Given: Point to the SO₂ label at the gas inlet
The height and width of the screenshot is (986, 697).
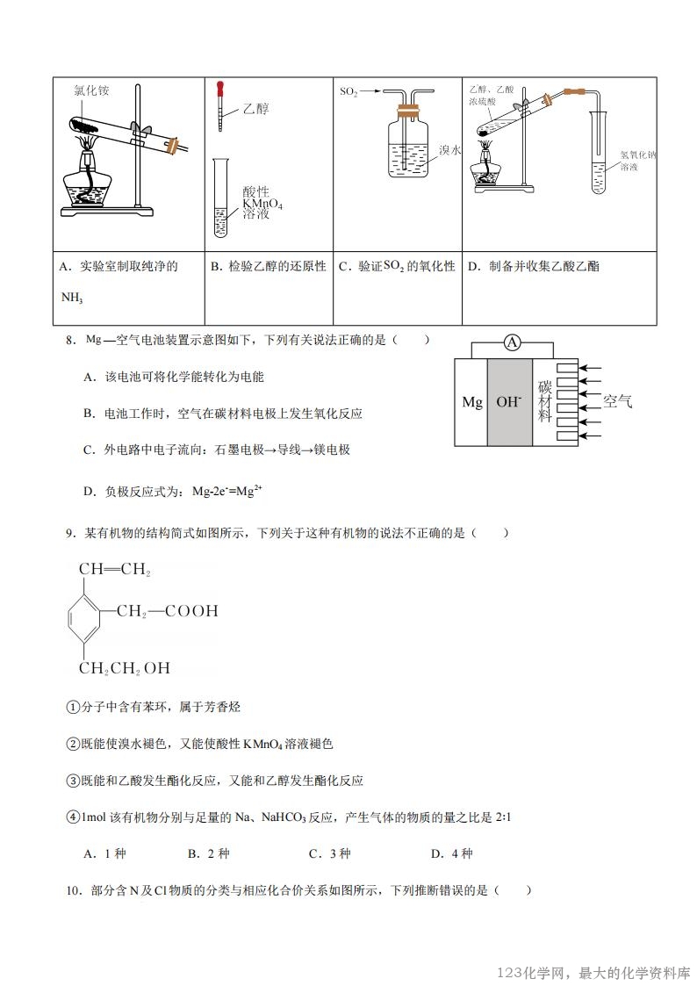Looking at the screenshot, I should tap(348, 90).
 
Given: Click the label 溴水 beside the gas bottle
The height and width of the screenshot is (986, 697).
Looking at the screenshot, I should tap(450, 150).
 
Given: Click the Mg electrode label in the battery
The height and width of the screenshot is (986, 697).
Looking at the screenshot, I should tap(472, 402).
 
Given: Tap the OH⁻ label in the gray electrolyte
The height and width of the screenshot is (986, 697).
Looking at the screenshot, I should tap(508, 402).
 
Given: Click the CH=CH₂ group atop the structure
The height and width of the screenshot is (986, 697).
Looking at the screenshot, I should tap(115, 570).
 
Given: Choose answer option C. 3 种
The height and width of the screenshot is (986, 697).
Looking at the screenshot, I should tap(329, 853).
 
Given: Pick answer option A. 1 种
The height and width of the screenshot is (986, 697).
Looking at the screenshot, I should tap(104, 853).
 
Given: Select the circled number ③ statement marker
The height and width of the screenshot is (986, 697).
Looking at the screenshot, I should tap(73, 781).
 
